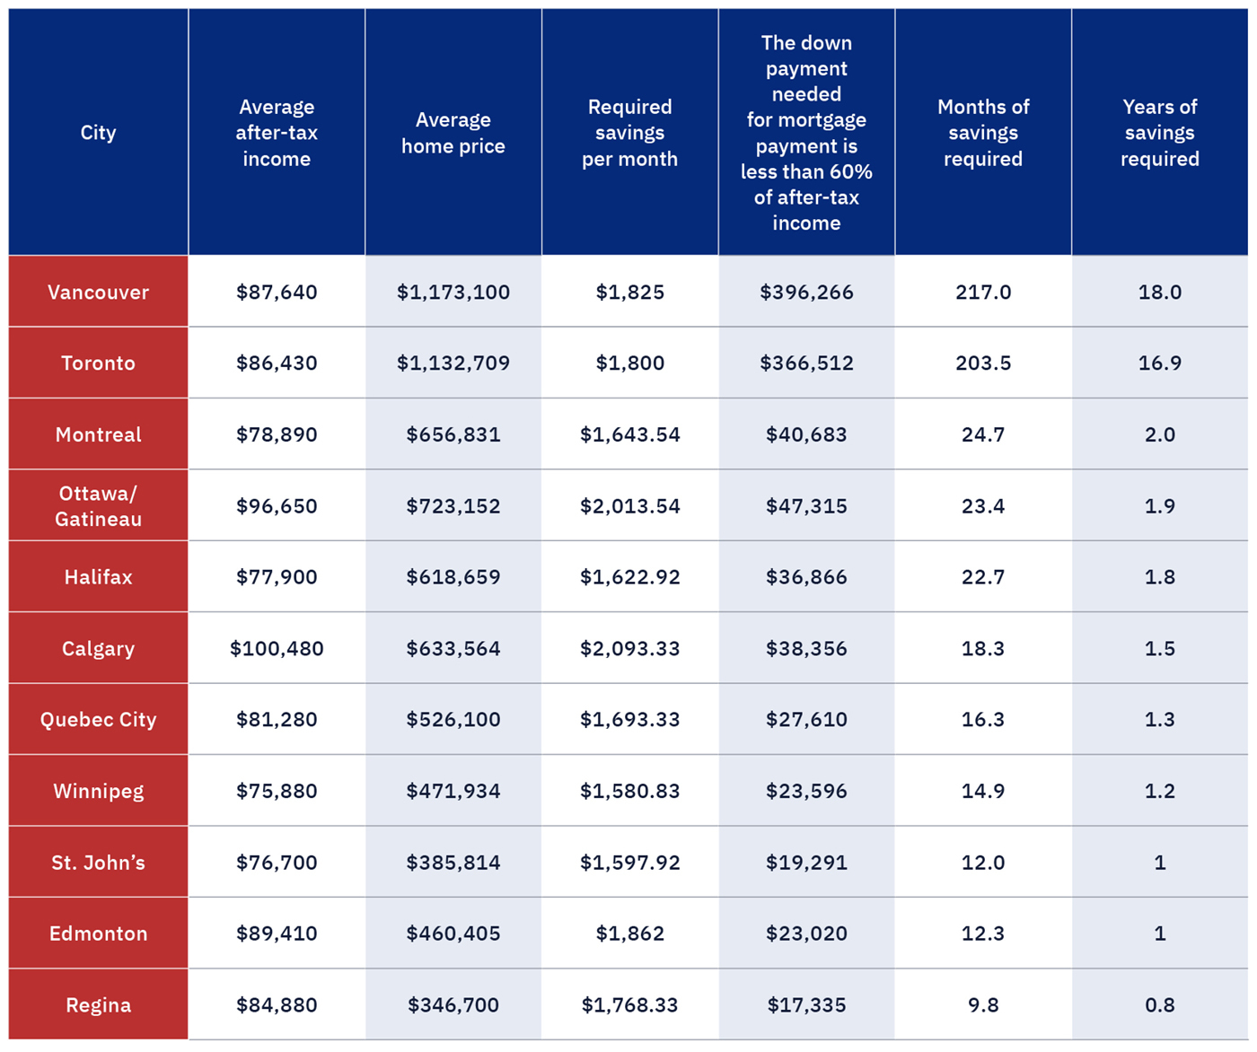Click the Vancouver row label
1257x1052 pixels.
pos(98,292)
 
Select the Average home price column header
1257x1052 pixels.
pos(453,133)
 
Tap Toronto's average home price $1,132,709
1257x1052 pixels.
pos(453,363)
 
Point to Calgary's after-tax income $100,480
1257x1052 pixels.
pos(277,648)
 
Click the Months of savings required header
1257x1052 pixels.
pos(983,133)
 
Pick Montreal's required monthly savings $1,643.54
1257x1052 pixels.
pos(629,434)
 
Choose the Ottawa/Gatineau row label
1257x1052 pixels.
pos(98,505)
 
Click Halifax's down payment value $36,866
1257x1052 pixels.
pos(806,577)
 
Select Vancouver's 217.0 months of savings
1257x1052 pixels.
pos(983,292)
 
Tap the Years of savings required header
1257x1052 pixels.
pos(1159,133)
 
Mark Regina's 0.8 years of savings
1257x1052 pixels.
pos(1159,1004)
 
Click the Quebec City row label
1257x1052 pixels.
pos(98,719)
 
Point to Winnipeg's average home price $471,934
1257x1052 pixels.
pos(453,791)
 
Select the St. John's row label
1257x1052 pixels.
pos(98,863)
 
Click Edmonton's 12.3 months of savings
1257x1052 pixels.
pos(983,934)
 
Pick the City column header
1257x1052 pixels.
pos(98,133)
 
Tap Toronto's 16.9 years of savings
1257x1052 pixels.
pos(1159,363)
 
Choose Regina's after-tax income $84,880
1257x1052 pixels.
pos(277,1004)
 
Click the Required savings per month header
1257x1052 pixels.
pos(629,133)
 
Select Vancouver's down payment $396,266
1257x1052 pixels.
pos(806,292)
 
